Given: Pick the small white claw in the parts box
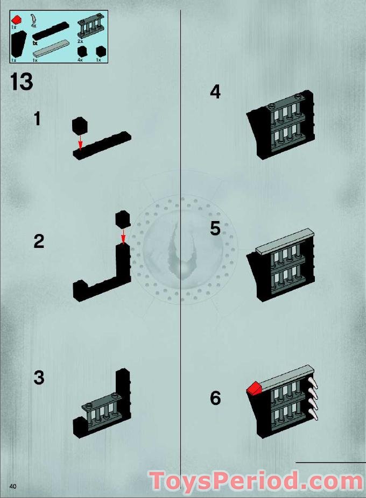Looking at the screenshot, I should tap(34, 18).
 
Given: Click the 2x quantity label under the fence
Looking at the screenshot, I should tap(80, 41).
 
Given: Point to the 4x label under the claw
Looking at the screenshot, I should tap(34, 26).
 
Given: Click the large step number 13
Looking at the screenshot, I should tap(21, 82).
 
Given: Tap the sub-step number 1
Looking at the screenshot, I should tap(37, 118).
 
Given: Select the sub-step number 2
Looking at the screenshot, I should tap(38, 241).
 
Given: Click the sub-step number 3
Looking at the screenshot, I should tap(38, 378).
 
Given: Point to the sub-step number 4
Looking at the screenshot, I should tap(215, 92).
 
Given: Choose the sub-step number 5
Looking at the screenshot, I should tap(215, 229).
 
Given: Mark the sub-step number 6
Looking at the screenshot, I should tap(215, 399).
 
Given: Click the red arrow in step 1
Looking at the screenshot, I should tap(80, 142).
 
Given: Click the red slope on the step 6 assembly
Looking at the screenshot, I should tap(254, 388).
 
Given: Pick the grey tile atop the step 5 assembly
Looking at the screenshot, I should tap(285, 241).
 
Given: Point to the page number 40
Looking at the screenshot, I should tap(13, 486).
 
